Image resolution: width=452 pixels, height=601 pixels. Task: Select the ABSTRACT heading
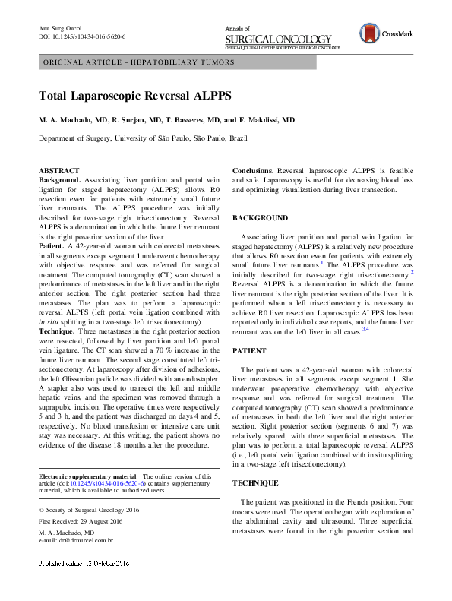[x=59, y=170]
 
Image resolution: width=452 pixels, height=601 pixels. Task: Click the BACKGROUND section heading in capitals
[x=261, y=217]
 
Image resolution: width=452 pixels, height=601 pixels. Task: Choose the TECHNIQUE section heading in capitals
[x=255, y=482]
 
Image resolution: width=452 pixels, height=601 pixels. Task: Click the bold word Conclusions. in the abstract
[x=252, y=171]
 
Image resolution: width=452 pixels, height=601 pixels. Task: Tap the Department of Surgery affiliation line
[x=153, y=138]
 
